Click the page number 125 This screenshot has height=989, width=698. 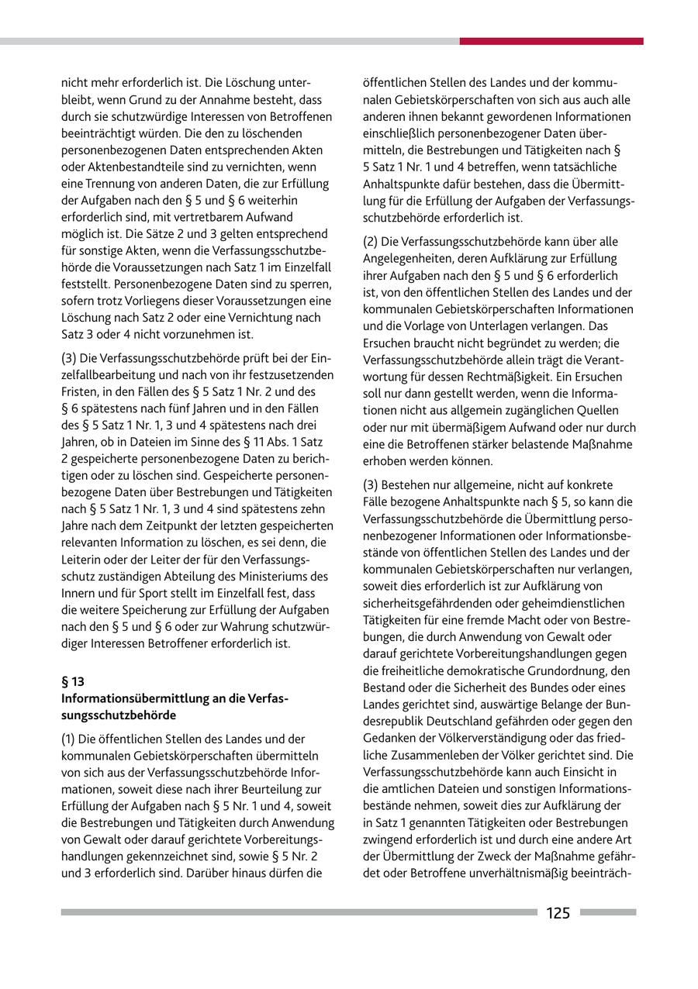[x=558, y=913]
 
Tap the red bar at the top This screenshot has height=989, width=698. [x=551, y=41]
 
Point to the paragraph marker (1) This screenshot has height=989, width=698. [x=68, y=739]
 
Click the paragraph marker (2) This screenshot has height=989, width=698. [x=371, y=241]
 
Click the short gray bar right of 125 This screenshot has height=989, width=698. [x=607, y=912]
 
